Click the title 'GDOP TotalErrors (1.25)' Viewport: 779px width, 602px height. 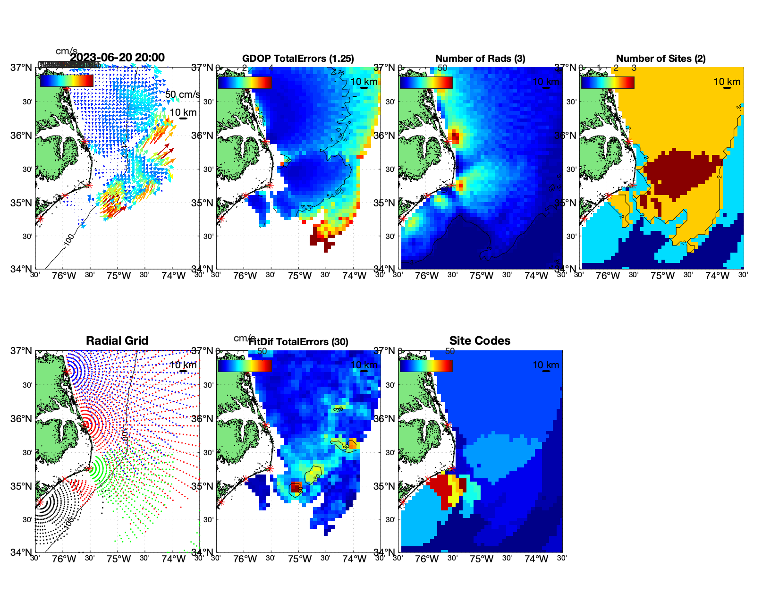point(298,59)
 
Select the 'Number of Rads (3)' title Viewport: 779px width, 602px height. point(480,59)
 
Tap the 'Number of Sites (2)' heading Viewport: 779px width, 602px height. point(660,59)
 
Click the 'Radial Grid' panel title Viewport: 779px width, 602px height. point(117,341)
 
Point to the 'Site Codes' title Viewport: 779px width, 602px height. point(480,341)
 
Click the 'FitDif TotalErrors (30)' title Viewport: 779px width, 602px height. point(298,342)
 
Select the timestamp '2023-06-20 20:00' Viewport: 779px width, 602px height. point(117,58)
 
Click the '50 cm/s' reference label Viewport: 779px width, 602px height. point(182,94)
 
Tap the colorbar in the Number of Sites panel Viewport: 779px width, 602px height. point(608,82)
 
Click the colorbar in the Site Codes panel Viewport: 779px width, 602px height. point(426,365)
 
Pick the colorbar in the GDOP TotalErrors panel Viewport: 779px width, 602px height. point(245,82)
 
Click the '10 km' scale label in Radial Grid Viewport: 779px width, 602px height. point(183,365)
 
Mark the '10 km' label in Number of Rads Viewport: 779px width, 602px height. point(546,82)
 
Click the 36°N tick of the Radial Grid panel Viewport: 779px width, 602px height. point(22,419)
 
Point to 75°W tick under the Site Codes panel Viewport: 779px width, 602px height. point(482,559)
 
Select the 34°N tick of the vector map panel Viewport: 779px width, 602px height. point(22,269)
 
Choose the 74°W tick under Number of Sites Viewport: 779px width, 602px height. point(717,276)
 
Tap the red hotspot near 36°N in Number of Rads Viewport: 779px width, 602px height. point(454,136)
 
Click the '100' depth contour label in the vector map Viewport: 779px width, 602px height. point(69,239)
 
